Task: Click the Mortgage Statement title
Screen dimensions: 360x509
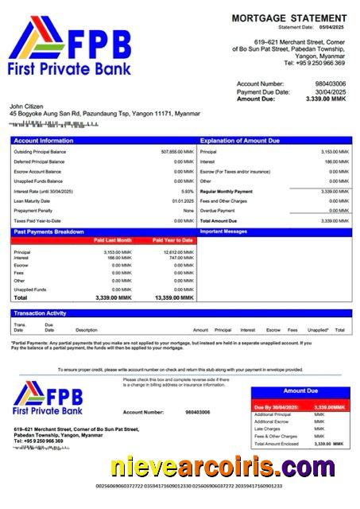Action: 288,17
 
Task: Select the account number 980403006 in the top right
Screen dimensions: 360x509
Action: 330,84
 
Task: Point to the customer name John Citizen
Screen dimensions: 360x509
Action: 28,106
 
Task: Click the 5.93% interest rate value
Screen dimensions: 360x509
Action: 187,192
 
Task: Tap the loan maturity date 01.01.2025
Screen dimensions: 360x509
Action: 183,201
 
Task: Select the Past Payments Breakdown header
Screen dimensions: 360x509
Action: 48,231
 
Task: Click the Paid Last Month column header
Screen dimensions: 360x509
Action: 113,239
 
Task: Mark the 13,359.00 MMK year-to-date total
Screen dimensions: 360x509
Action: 175,297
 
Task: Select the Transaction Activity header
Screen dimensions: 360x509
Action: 40,313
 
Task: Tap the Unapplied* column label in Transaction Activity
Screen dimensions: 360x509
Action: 318,329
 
